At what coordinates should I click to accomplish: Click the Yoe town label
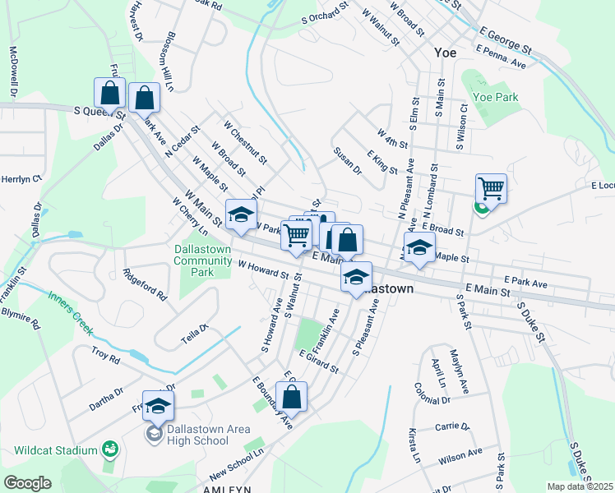[445, 52]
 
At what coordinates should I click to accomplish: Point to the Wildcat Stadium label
[53, 449]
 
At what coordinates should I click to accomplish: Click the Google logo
[27, 483]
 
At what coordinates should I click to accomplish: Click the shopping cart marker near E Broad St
[490, 189]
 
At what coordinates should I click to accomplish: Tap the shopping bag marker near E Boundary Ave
[291, 397]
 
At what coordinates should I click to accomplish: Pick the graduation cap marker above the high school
[158, 405]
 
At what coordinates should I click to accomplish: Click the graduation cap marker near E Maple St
[419, 247]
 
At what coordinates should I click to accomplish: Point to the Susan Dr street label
[348, 161]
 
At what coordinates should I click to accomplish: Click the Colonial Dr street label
[432, 394]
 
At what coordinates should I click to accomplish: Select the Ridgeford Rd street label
[145, 283]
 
